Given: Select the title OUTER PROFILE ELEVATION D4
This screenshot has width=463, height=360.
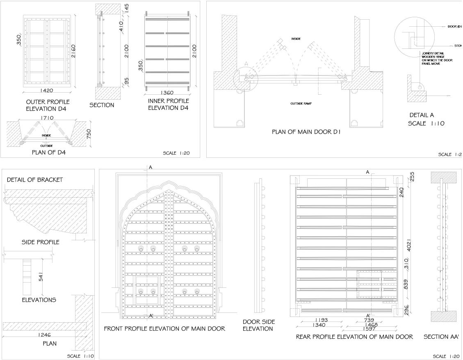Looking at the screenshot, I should pyautogui.click(x=48, y=105).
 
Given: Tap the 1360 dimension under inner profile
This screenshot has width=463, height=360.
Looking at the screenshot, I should pyautogui.click(x=168, y=93).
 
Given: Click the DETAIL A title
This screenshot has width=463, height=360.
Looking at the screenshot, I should pyautogui.click(x=422, y=115).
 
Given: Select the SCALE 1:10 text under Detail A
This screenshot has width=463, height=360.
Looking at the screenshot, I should pyautogui.click(x=427, y=123).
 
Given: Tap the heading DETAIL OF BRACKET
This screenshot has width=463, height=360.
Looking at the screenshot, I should pyautogui.click(x=35, y=180).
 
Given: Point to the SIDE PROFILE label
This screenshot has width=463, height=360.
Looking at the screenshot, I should pyautogui.click(x=40, y=242).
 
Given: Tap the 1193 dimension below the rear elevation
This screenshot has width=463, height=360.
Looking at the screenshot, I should pyautogui.click(x=321, y=320).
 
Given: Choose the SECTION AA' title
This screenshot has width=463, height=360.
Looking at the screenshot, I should pyautogui.click(x=441, y=337).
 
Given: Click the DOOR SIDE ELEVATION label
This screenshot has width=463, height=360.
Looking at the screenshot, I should pyautogui.click(x=259, y=325).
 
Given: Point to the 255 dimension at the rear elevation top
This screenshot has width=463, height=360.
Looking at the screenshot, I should pyautogui.click(x=412, y=176).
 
